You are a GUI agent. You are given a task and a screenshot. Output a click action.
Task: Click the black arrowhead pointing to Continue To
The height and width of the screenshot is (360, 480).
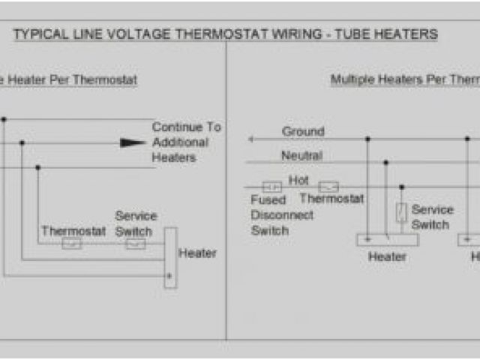coord(133,142)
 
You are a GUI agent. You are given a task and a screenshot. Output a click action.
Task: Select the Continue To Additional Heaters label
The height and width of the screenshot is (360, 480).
coord(186,142)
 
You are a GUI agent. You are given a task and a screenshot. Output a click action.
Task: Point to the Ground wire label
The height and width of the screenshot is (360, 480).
coord(303,132)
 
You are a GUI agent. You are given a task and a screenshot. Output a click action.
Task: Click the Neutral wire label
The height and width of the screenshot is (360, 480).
coord(301,156)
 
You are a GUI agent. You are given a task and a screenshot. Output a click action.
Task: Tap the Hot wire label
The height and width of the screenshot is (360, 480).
coord(298,181)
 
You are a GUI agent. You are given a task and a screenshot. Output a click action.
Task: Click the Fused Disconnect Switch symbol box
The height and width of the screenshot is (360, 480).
coord(271,187)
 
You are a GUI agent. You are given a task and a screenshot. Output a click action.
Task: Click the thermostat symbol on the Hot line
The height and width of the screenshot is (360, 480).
coord(328,187)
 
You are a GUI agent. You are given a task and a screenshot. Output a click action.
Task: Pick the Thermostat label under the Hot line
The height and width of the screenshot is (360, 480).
coord(331,199)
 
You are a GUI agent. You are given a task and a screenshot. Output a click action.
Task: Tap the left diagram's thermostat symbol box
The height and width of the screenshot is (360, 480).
coord(72,244)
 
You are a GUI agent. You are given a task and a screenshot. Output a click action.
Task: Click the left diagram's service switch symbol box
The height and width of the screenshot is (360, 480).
coord(136,244)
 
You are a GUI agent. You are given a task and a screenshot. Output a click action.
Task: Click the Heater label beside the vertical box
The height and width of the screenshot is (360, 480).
coord(197,253)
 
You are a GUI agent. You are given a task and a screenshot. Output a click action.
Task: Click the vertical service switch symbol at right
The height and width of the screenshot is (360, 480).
coord(401,212)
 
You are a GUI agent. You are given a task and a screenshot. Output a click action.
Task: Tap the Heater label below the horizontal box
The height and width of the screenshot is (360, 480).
coord(387,257)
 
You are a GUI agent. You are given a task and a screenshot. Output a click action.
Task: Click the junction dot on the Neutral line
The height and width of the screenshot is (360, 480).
coord(385,162)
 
